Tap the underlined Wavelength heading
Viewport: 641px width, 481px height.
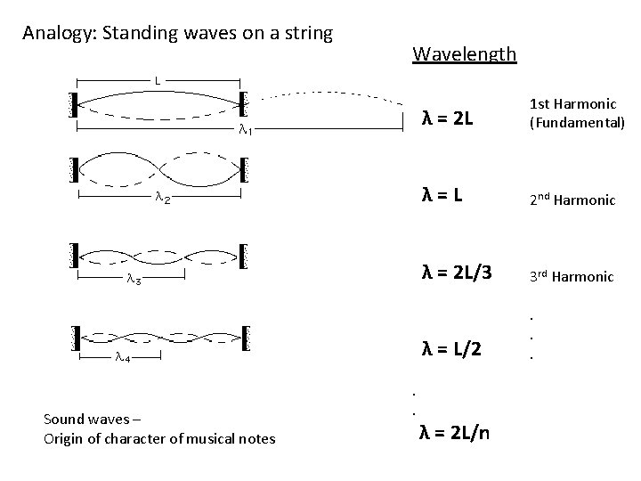464,53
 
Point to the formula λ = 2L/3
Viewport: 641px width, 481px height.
455,270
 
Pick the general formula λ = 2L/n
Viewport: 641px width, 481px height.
458,433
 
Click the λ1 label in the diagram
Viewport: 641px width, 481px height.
246,130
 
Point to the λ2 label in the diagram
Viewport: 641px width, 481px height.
161,200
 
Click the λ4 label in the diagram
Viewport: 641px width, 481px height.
123,359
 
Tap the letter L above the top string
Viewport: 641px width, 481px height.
157,80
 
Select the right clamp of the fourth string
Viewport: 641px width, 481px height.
246,338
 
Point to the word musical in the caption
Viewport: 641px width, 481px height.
212,438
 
